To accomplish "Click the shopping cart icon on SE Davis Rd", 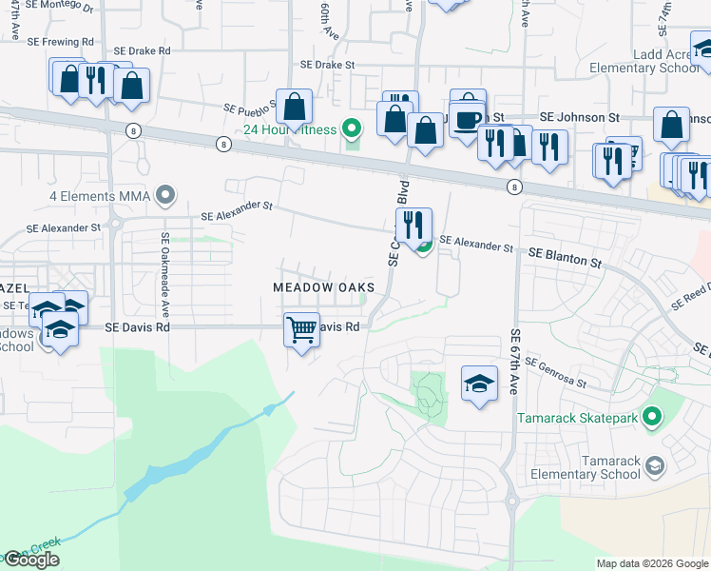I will [302, 329].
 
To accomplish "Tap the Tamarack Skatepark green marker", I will [651, 417].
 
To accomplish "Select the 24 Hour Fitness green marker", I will [352, 128].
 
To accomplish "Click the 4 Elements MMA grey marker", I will [165, 196].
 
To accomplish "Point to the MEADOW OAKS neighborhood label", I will [323, 286].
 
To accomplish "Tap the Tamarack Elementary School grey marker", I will [654, 464].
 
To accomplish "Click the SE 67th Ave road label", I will [515, 362].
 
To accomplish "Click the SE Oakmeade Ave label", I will [164, 276].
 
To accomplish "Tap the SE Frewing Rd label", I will [61, 43].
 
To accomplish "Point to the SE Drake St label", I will [327, 66].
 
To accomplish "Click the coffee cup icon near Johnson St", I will [467, 119].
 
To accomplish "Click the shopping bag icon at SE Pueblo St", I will [295, 107].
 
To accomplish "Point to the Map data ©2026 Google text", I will [652, 563].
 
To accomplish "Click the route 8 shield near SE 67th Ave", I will [514, 187].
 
